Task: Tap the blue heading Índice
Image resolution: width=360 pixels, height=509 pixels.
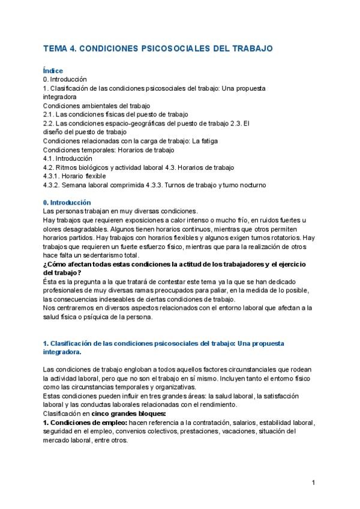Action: coord(53,71)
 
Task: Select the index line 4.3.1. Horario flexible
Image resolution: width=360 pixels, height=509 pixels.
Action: coord(74,176)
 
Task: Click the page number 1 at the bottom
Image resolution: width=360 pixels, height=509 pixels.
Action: coord(313,482)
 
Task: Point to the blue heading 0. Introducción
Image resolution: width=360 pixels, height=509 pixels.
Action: coord(67,202)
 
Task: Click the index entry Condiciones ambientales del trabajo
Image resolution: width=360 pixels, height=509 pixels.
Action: coord(88,106)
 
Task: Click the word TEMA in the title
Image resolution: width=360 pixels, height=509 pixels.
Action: coord(55,47)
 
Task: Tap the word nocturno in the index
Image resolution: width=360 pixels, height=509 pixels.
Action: coord(250,185)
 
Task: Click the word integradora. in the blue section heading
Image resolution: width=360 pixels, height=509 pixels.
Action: coord(62,352)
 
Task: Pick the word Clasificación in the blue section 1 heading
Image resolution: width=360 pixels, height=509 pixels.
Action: coord(71,343)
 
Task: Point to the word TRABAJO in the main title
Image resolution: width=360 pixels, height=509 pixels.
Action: coord(251,47)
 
